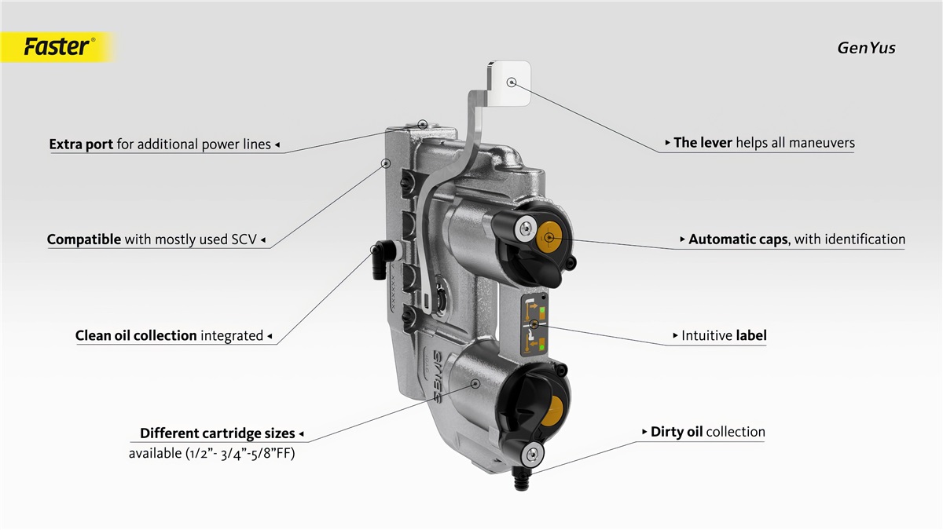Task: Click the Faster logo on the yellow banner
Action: pos(56,47)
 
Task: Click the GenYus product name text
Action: pos(865,48)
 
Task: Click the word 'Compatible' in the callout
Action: pos(84,239)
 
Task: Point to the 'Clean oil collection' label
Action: pos(136,335)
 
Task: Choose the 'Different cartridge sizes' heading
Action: pos(218,433)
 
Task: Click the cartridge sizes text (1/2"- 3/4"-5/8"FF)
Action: pos(211,453)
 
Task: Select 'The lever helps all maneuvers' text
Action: pos(764,143)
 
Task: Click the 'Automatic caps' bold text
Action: pos(738,239)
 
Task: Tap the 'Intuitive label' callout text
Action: pos(724,335)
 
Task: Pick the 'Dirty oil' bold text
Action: pos(677,432)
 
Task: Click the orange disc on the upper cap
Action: pos(549,236)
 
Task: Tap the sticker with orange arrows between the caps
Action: pos(534,323)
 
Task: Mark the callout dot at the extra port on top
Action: pos(422,123)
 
